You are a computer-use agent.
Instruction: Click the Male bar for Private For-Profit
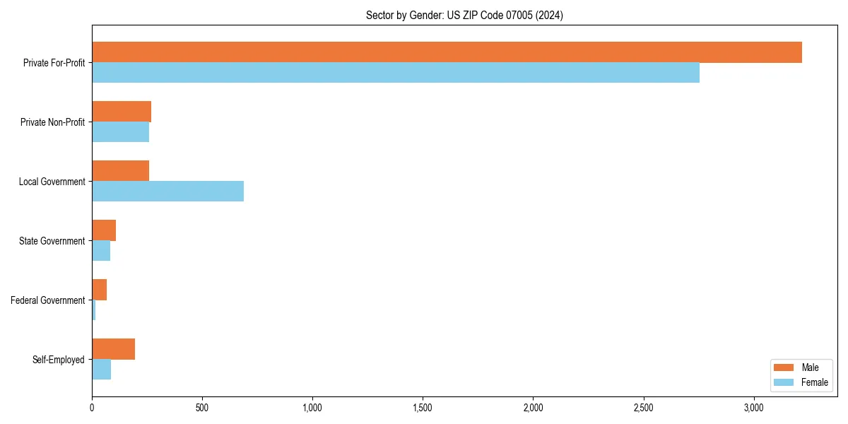pos(447,52)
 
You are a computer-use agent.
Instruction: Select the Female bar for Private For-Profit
pos(396,73)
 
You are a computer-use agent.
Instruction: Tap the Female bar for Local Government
pos(167,192)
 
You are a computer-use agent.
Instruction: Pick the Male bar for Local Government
pos(120,171)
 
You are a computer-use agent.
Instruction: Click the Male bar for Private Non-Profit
pos(122,112)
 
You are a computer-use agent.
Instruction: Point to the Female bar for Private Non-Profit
pos(120,132)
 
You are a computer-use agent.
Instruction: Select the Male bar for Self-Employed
pos(113,349)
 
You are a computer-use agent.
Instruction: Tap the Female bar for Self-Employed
pos(101,370)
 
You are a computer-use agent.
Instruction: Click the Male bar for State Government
pos(104,230)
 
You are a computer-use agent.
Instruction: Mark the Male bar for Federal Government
pos(99,290)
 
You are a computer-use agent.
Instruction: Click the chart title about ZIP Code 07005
pos(464,15)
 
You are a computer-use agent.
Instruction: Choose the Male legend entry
pos(800,367)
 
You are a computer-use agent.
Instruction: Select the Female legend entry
pos(800,382)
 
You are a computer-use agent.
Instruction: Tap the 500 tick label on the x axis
pos(202,408)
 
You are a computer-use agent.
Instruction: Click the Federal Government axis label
pos(48,300)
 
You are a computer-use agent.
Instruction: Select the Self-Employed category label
pos(59,360)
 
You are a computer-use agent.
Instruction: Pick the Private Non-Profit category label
pos(52,122)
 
